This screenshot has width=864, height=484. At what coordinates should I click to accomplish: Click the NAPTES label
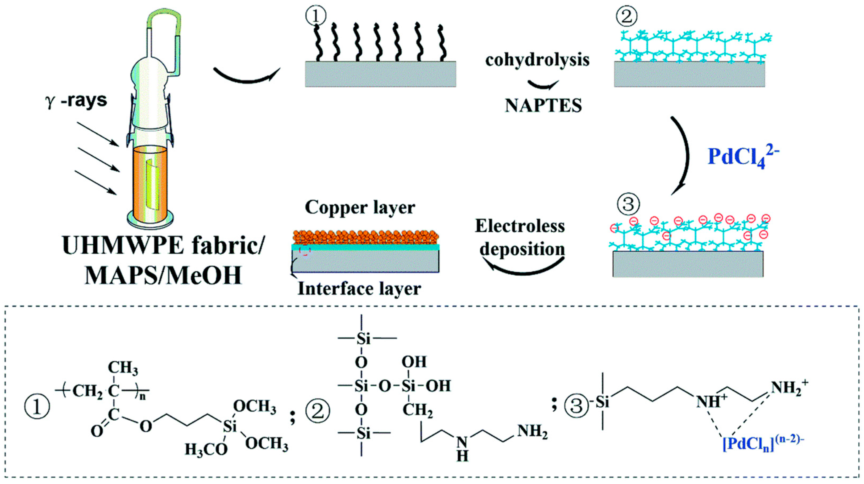click(543, 106)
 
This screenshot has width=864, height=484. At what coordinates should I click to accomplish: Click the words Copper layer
click(360, 208)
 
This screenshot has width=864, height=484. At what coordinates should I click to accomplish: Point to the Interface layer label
click(359, 289)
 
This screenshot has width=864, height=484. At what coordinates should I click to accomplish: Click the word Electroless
click(520, 226)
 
